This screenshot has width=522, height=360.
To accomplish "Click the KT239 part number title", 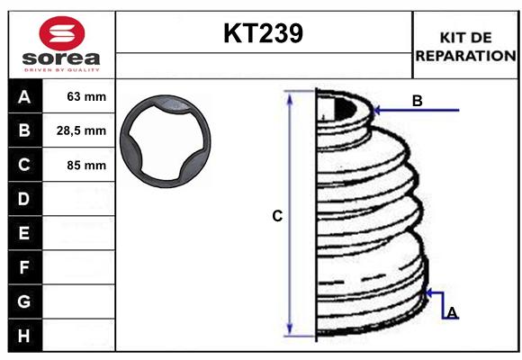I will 263,33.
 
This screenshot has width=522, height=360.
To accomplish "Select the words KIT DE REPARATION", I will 464,46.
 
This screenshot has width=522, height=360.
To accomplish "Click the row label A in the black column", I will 24,97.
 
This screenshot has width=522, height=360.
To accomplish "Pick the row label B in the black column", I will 24,131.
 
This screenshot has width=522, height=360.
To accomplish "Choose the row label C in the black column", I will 24,166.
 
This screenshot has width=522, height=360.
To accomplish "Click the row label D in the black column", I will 24,199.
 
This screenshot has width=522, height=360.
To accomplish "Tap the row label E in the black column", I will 24,233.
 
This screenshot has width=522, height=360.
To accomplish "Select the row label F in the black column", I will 24,267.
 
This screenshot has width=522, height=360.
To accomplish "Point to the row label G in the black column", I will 24,301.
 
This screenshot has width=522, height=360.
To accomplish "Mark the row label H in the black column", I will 24,335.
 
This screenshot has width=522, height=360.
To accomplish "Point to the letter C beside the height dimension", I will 277,216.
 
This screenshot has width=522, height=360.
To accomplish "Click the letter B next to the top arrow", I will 417,101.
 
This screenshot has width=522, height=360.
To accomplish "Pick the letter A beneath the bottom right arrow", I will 452,312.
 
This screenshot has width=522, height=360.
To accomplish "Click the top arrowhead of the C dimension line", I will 290,96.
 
